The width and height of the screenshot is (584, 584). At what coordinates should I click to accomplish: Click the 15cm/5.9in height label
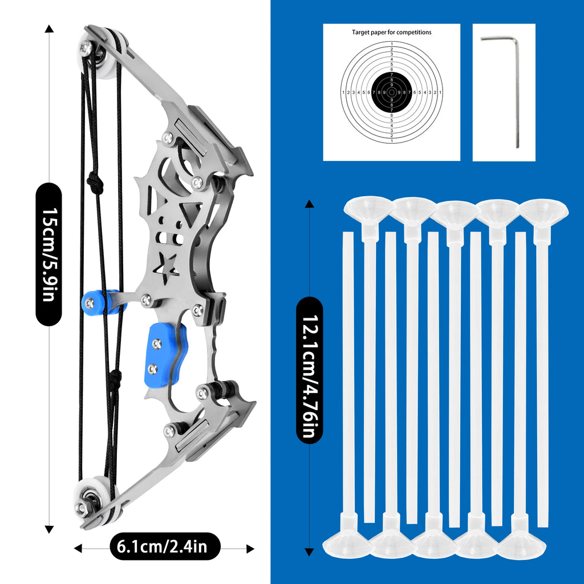pos(48,254)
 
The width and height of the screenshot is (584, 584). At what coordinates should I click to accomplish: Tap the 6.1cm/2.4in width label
pos(164,547)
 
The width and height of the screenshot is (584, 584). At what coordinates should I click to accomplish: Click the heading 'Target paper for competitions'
pos(391,33)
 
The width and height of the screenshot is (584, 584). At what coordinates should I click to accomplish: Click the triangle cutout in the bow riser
pos(189,213)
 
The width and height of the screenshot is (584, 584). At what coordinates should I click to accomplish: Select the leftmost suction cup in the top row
pos(368,209)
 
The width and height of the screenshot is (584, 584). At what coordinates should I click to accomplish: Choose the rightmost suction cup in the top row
pos(543,211)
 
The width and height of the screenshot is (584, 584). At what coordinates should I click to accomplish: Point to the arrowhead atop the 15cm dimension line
pos(50,28)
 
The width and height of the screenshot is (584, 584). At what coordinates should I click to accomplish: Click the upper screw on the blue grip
pos(157,343)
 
